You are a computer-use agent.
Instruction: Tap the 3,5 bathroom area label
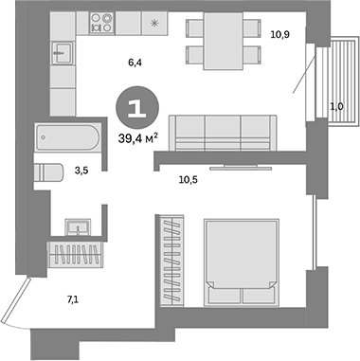click(82, 171)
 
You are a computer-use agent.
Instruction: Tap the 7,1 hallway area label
click(72, 300)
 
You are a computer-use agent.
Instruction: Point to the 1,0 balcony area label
click(335, 106)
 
